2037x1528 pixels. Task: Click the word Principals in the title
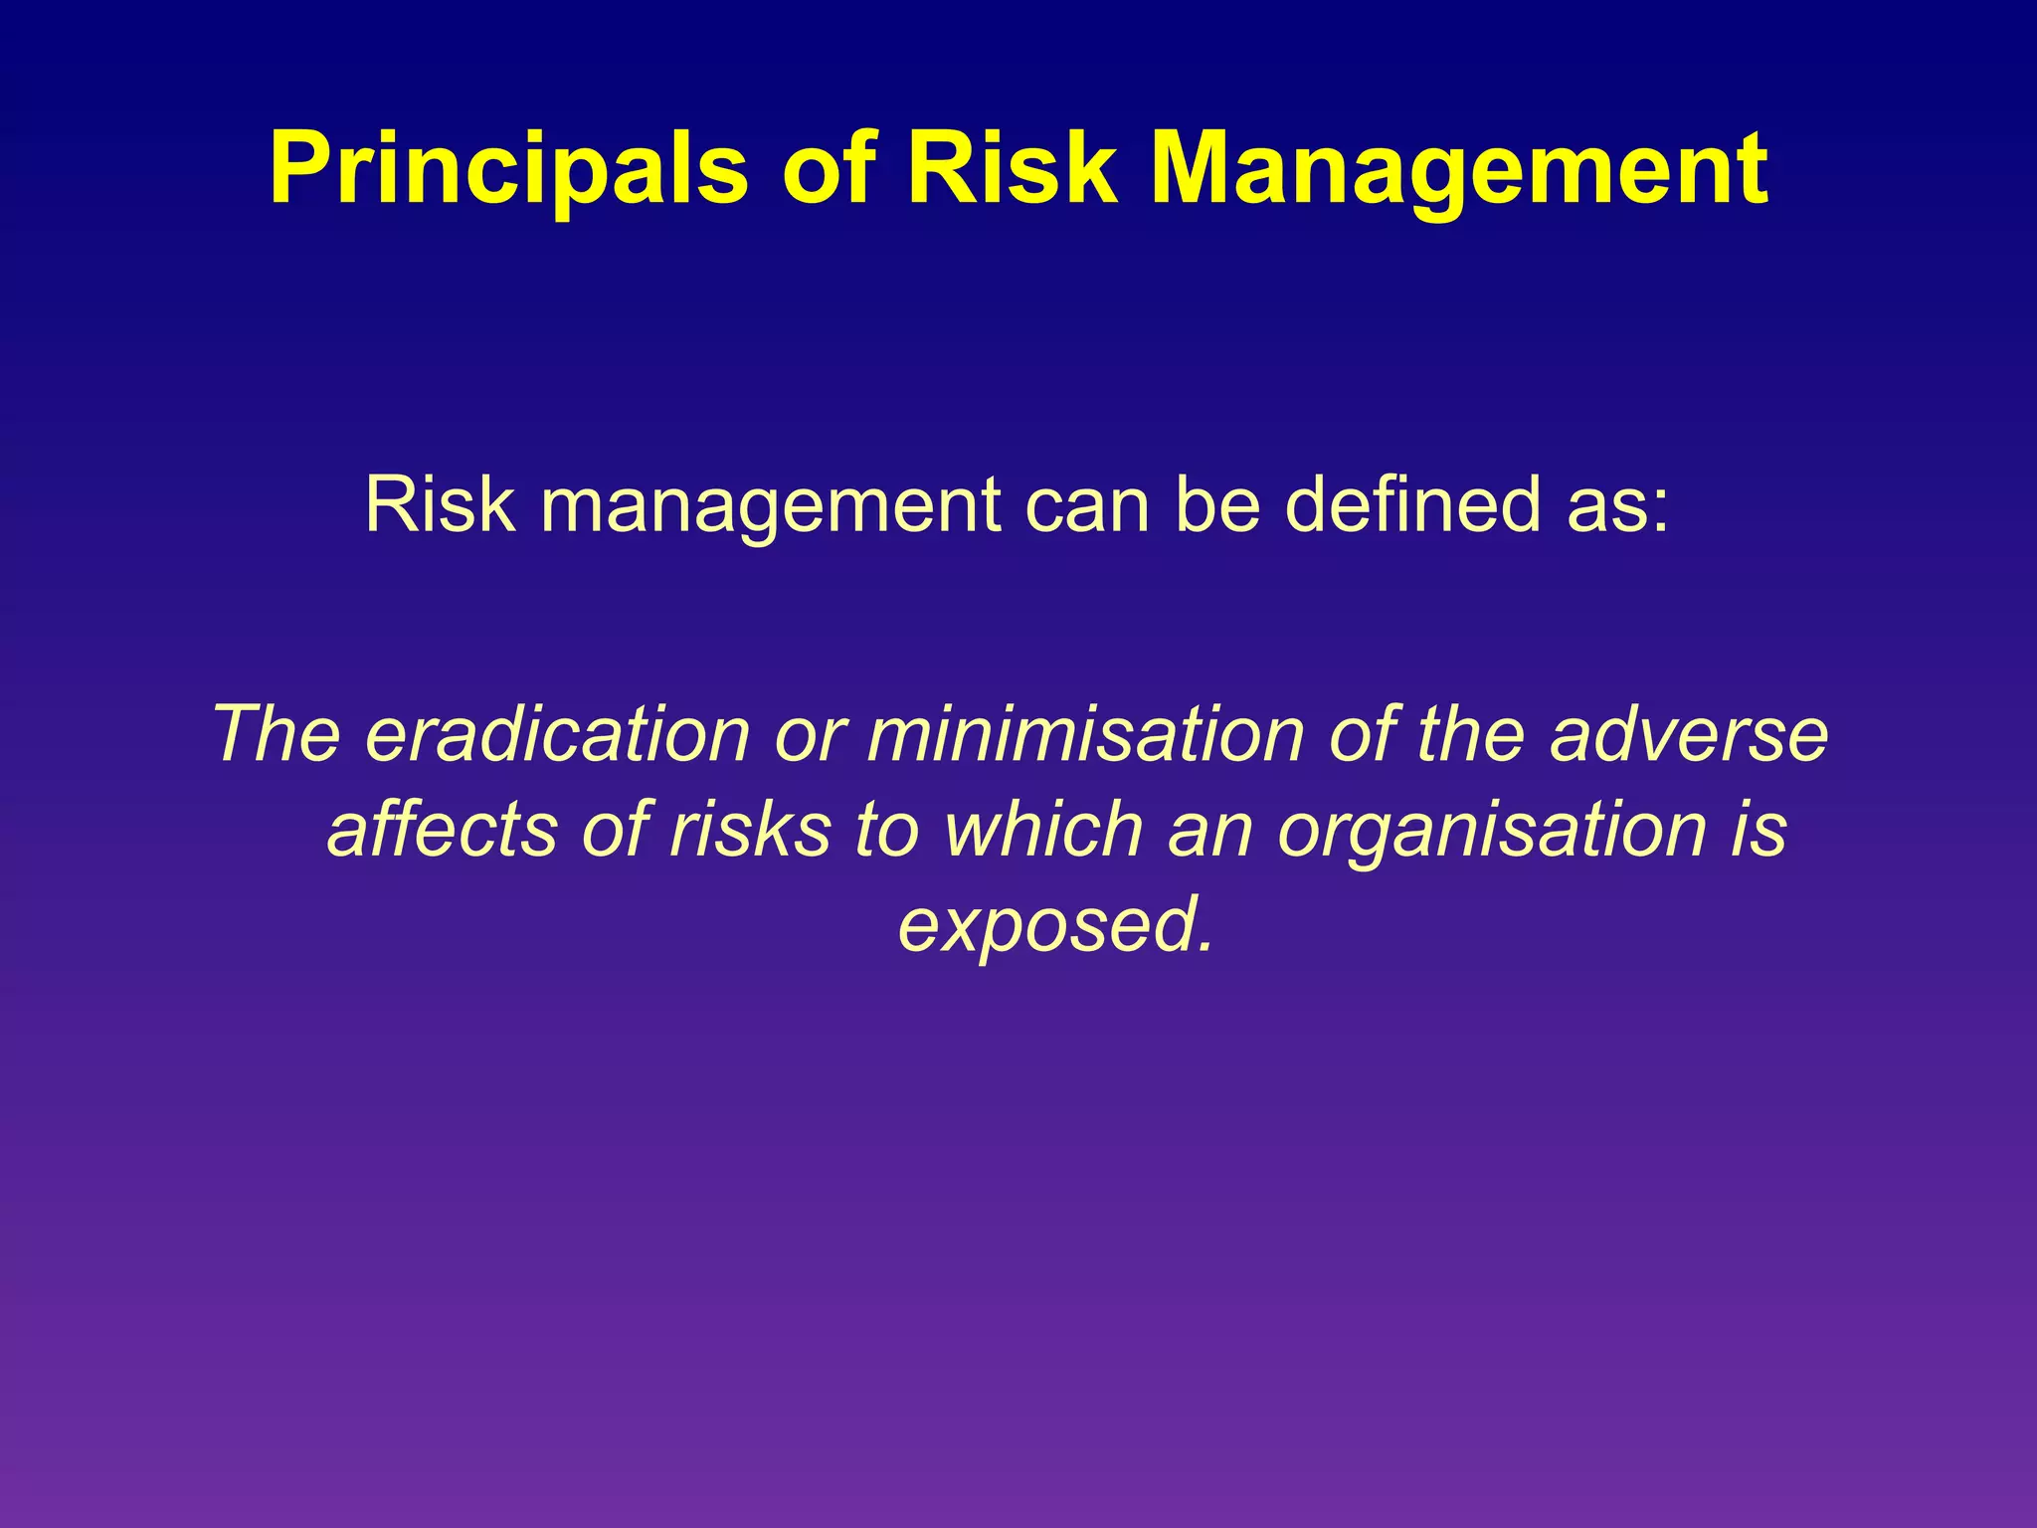507,169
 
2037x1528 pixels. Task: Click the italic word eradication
557,734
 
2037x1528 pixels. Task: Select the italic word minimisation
1085,734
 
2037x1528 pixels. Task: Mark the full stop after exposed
1205,945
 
